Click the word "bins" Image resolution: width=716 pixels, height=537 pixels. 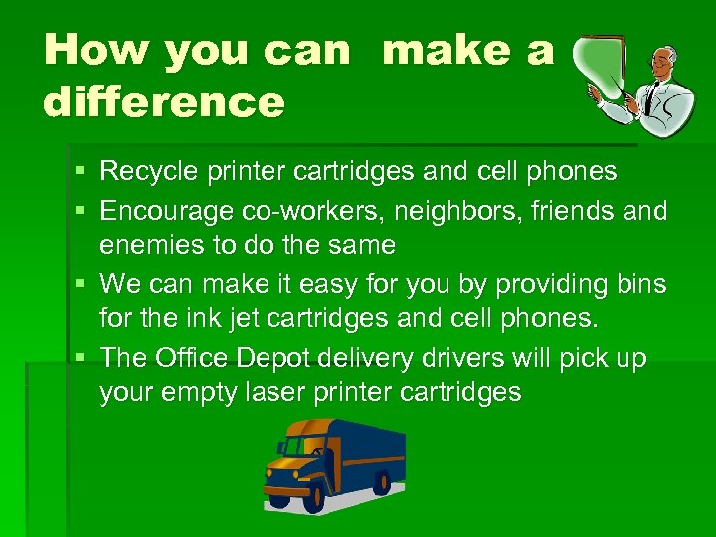click(640, 284)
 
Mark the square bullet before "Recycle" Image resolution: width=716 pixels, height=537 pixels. click(82, 173)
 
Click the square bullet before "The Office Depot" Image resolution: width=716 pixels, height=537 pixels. click(82, 359)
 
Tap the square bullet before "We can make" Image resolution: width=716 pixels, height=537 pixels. click(82, 285)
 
